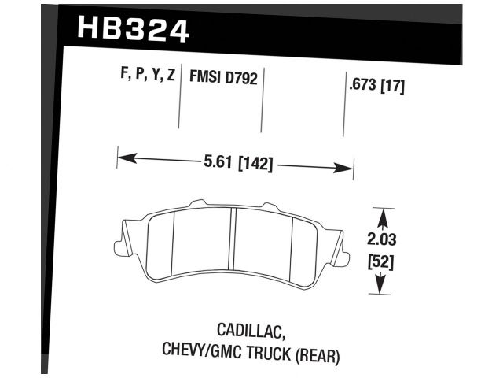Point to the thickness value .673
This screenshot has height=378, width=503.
click(x=360, y=87)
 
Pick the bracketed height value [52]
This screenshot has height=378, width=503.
click(x=381, y=261)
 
